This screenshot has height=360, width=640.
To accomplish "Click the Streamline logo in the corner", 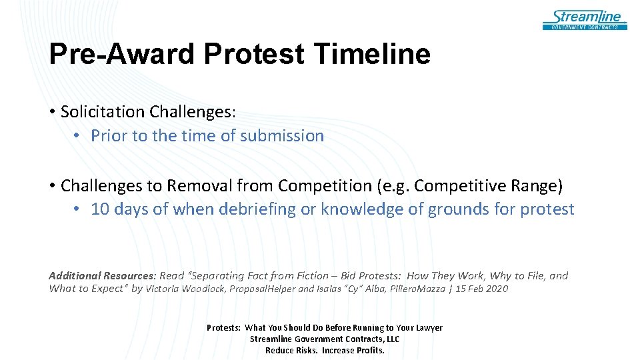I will pos(585,19).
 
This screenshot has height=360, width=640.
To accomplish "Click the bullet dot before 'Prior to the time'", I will pos(78,136).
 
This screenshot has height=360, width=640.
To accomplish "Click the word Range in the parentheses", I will pos(536,185).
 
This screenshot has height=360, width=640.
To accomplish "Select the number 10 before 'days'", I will pos(100,209).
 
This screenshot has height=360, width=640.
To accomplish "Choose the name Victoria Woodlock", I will pos(186,289).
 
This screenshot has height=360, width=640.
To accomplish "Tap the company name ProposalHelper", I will pos(264,289).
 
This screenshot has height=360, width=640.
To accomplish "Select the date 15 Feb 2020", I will pos(481,289).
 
